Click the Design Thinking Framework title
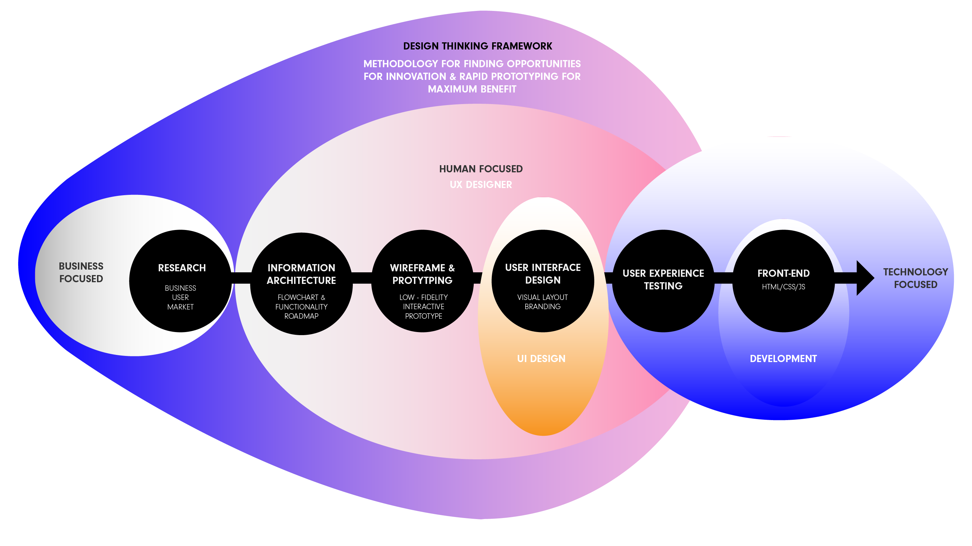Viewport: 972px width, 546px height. tap(477, 46)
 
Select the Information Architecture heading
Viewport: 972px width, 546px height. tap(301, 274)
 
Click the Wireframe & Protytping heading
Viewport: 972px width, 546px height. tap(422, 274)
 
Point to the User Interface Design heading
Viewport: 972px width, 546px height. tap(543, 274)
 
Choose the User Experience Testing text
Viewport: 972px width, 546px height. tap(663, 279)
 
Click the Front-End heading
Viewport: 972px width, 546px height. tap(783, 273)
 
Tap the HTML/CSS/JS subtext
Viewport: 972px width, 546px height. tap(783, 287)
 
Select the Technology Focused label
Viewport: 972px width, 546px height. tap(915, 278)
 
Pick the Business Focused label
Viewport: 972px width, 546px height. tap(81, 272)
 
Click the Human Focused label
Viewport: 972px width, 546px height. tap(481, 169)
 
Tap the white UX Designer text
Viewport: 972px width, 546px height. tap(481, 185)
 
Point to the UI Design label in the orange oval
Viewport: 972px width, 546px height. tap(541, 359)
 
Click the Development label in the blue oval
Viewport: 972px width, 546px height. tap(783, 359)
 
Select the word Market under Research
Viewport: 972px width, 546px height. tap(180, 307)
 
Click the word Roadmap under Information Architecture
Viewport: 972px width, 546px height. tap(301, 316)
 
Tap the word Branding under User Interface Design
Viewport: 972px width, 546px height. tap(543, 306)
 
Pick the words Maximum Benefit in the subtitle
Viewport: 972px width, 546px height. tap(472, 89)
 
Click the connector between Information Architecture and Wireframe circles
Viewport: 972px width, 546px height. tap(362, 278)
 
